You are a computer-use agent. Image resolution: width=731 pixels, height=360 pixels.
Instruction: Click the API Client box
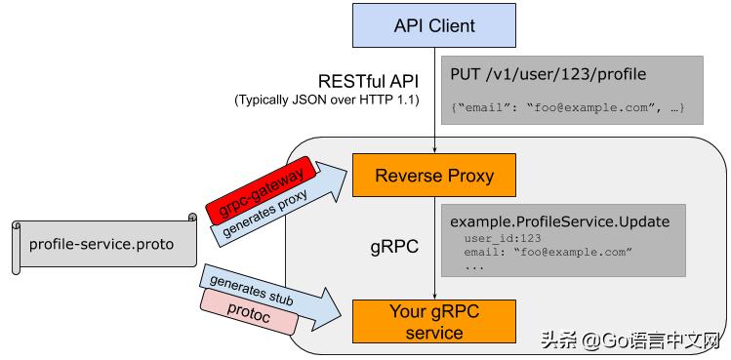click(x=434, y=26)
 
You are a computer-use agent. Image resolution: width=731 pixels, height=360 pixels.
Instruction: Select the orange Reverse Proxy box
click(x=434, y=177)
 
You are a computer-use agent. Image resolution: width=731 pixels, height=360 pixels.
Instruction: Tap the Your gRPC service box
click(x=434, y=321)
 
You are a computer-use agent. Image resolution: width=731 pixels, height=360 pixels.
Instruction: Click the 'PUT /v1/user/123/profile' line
click(x=548, y=74)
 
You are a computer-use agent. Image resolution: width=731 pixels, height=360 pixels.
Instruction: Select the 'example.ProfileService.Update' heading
click(x=560, y=221)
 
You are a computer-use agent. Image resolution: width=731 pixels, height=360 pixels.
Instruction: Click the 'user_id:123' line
click(x=503, y=238)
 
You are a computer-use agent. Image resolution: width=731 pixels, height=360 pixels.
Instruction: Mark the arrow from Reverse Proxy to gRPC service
click(x=434, y=249)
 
